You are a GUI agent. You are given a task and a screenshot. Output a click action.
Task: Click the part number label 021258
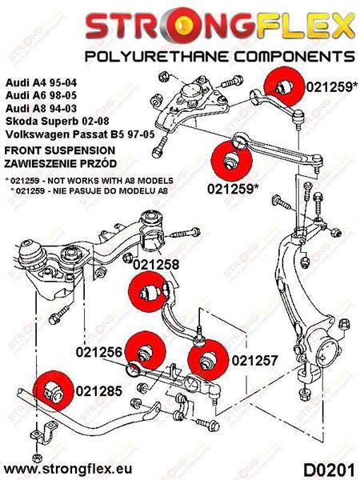[x=156, y=265]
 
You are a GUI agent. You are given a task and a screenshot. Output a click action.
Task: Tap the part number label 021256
[x=99, y=352]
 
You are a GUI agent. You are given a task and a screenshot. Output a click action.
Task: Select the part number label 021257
[x=254, y=361]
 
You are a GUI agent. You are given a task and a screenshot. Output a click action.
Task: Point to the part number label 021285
[x=99, y=391]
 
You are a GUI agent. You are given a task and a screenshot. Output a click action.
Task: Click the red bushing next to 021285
[x=54, y=390]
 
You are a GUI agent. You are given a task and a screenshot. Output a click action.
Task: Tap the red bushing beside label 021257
[x=208, y=360]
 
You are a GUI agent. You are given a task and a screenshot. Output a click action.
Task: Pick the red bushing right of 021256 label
[x=146, y=350]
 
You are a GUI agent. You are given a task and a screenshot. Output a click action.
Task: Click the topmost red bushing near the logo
[x=285, y=86]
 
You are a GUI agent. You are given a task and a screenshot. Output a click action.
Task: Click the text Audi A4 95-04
[x=41, y=83]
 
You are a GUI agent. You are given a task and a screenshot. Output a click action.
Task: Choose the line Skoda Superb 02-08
[x=57, y=122]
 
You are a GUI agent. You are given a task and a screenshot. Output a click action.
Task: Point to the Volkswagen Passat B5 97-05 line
[x=80, y=134]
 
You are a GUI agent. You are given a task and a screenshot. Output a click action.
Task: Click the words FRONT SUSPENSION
[x=60, y=150]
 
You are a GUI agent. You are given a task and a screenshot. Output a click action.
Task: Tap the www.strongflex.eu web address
[x=68, y=469]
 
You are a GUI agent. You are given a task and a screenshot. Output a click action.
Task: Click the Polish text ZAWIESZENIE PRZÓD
[x=61, y=163]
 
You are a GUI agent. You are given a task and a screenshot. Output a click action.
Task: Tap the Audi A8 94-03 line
[x=41, y=108]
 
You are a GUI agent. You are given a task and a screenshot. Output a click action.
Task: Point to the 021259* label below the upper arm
[x=231, y=189]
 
